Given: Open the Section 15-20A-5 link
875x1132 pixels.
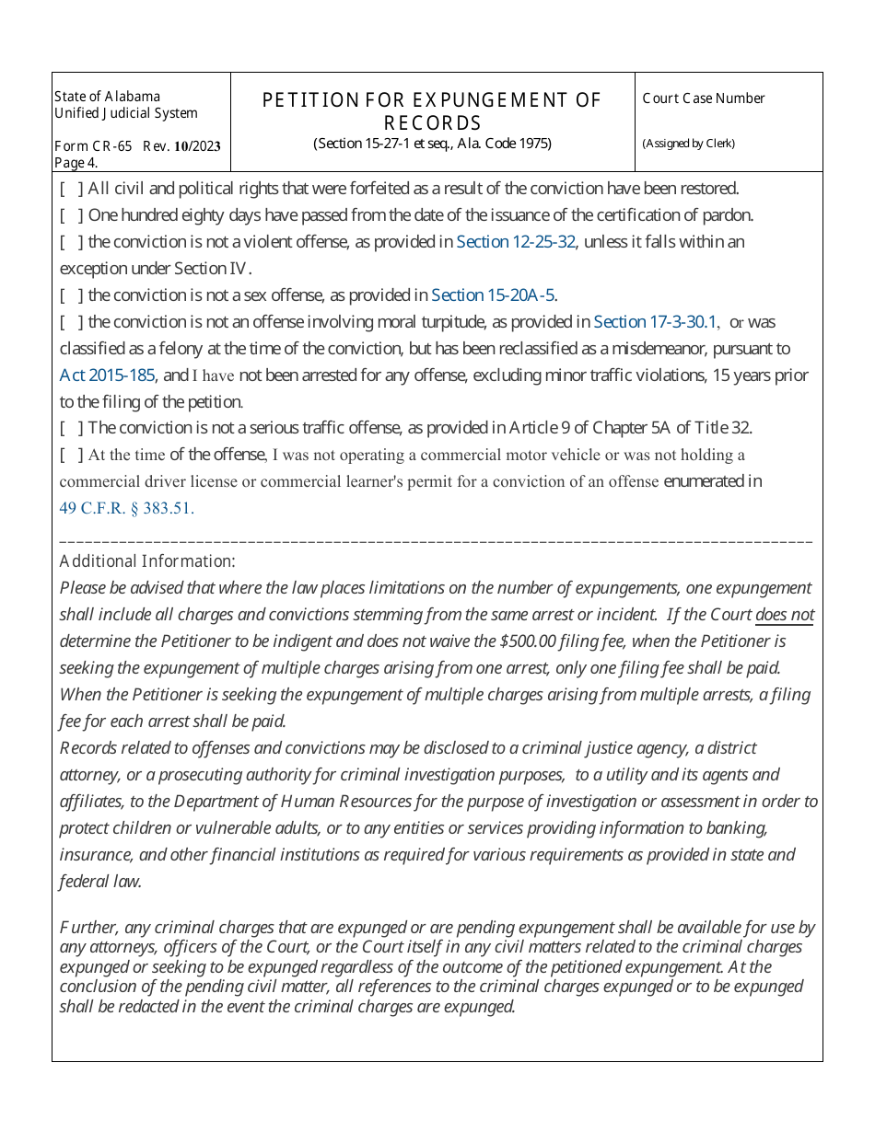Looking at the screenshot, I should (x=493, y=295).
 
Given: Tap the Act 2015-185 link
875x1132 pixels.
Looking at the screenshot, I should (x=107, y=375).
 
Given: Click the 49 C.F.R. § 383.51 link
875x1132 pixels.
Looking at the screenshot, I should (x=126, y=508).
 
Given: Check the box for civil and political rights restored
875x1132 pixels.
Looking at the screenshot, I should (x=72, y=189).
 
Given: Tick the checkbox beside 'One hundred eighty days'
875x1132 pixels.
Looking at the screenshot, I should (x=72, y=215).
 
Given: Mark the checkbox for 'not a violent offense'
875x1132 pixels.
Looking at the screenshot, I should (x=72, y=242).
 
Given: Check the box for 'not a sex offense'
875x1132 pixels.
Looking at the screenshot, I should (x=72, y=295).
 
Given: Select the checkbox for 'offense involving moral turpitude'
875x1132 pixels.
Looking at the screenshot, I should (x=72, y=322).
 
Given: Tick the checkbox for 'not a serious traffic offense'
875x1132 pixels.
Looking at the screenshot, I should (x=72, y=428).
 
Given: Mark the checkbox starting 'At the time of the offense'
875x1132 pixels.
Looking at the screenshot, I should (x=72, y=455).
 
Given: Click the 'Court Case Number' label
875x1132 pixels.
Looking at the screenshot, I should (x=704, y=98).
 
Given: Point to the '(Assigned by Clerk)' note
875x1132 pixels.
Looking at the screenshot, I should (x=688, y=144).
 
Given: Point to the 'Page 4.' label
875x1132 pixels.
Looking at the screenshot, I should (x=76, y=163).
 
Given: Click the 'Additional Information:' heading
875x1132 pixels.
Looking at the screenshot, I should (x=147, y=561).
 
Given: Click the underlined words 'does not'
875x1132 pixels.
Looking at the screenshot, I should (x=785, y=615).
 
